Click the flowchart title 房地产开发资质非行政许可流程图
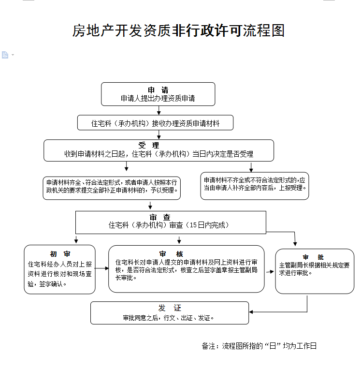178,30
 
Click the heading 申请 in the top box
158,90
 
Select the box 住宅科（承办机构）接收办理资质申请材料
156,123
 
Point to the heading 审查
160,217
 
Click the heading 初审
60,254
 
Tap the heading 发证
170,308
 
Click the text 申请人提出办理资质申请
158,98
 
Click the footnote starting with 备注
259,346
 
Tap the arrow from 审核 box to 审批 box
270,272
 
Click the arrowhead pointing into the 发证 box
252,311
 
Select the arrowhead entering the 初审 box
76,241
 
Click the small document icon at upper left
5,55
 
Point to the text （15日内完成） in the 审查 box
207,225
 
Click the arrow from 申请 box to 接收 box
158,111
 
